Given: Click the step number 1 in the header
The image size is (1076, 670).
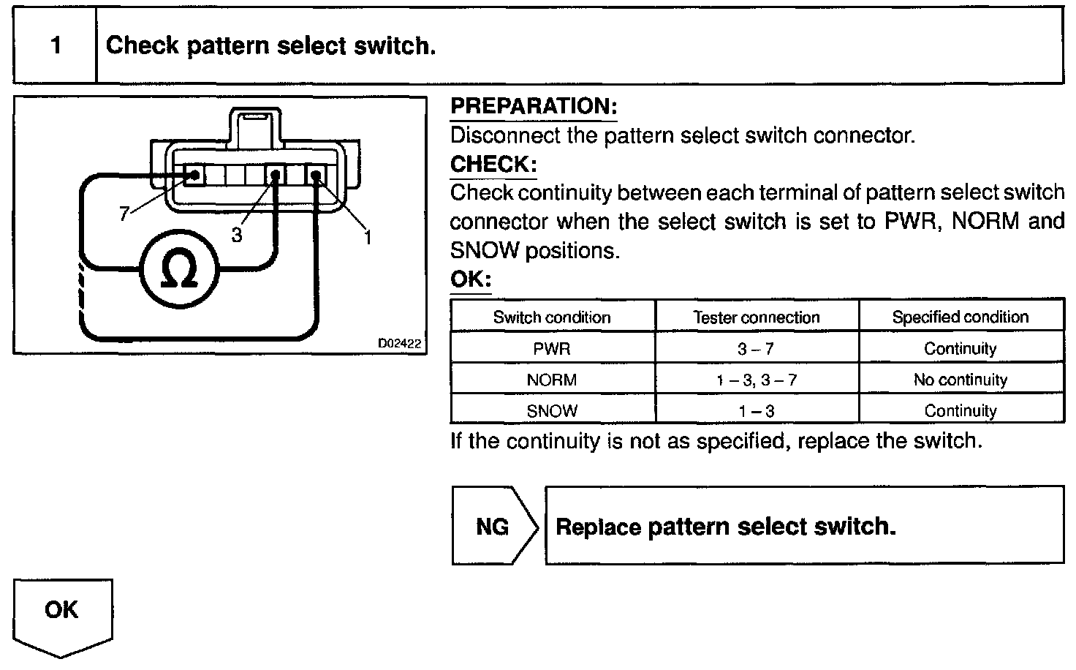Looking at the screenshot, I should pos(56,46).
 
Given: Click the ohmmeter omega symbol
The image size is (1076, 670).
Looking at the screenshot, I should pos(179,271).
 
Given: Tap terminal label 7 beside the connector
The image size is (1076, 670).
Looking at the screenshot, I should pos(124,214).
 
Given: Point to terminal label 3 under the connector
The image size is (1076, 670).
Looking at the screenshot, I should pos(236,236).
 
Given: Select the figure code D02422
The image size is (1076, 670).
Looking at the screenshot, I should pos(401,343).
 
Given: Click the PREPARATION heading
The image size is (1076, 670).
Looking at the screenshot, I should pos(534,106).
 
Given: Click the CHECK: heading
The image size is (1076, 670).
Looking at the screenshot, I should pos(493,164).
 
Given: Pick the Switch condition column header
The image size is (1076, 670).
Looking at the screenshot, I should pos(552,317).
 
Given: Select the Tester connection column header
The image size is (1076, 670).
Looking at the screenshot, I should pos(757,317).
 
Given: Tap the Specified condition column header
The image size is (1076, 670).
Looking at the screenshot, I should pos(960,317).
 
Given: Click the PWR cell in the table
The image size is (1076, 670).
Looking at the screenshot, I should pos(552,349).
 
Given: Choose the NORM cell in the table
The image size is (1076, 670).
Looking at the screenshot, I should pos(552,380).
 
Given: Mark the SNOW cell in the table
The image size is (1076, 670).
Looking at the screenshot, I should pos(552,411).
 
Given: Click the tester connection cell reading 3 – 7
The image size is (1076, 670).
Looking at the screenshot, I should pos(757,349).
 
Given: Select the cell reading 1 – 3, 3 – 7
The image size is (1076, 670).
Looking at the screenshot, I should pos(757,380).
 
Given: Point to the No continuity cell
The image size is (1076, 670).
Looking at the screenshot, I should pos(960,380).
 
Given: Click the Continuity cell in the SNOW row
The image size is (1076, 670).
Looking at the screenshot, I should pos(960,411).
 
